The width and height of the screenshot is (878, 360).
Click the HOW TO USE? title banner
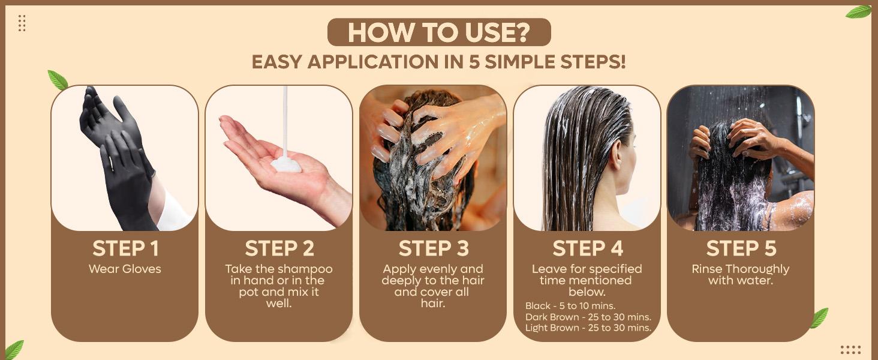(438, 32)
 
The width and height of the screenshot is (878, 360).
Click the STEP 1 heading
(125, 248)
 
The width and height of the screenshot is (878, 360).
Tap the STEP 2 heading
(279, 248)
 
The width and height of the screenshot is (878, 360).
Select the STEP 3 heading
(433, 248)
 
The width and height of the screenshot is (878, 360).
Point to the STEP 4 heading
(587, 248)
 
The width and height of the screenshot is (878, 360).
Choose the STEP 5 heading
(741, 248)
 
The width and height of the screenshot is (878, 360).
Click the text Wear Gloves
(125, 269)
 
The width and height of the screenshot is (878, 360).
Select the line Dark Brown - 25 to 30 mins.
(588, 317)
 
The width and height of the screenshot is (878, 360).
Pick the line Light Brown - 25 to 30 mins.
(588, 328)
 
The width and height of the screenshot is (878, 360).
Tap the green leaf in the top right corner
(858, 12)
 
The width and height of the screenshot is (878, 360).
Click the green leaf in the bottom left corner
(13, 349)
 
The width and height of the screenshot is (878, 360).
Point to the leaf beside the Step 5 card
(819, 318)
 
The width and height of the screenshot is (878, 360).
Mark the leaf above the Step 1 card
(58, 80)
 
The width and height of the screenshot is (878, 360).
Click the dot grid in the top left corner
(22, 23)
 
